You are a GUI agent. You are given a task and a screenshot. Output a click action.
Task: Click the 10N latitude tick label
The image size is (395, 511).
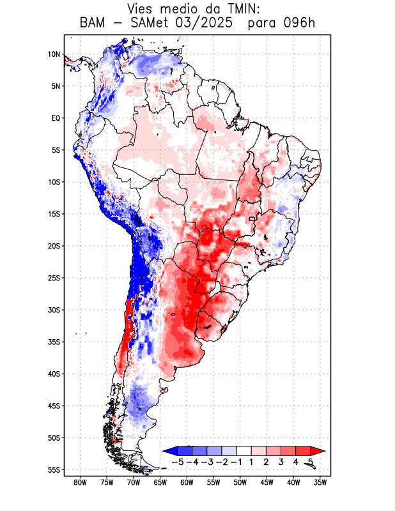click(x=54, y=54)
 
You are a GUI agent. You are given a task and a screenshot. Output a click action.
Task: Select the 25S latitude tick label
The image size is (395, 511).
click(x=54, y=278)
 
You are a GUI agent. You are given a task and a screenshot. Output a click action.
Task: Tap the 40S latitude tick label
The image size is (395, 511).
click(x=54, y=374)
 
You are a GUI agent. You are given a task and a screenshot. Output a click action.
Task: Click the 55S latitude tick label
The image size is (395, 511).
click(x=54, y=469)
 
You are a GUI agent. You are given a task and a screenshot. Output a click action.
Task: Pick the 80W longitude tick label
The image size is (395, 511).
click(x=81, y=482)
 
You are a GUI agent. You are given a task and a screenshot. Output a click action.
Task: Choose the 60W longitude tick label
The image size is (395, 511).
click(x=187, y=482)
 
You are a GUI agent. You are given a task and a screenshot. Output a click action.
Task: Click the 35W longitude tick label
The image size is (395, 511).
click(x=320, y=482)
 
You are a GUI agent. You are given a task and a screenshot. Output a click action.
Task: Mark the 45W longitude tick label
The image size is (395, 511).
click(x=267, y=482)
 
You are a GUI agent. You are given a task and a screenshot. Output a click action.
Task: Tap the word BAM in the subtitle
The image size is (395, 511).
click(x=94, y=24)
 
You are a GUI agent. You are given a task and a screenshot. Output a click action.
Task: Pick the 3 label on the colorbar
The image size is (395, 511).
click(x=281, y=461)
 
